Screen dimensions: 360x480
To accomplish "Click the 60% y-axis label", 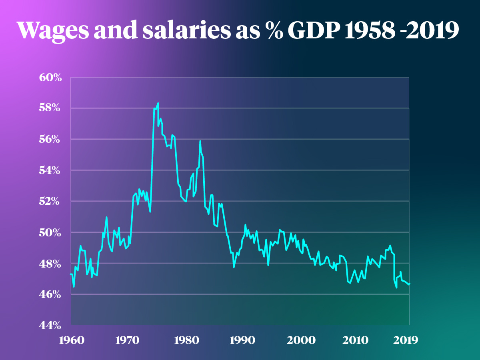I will pyautogui.click(x=50, y=77).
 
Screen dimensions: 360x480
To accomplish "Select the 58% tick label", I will pyautogui.click(x=50, y=108).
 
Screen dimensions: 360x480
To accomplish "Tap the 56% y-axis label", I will pyautogui.click(x=50, y=139).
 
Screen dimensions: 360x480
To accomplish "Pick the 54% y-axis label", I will pyautogui.click(x=50, y=170).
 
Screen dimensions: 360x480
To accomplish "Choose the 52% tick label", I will pyautogui.click(x=50, y=201).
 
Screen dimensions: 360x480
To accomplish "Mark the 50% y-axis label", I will pyautogui.click(x=50, y=232).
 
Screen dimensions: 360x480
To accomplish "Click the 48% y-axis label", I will pyautogui.click(x=50, y=264).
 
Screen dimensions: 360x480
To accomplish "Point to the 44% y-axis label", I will pyautogui.click(x=50, y=325).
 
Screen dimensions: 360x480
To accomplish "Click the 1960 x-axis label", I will pyautogui.click(x=71, y=340).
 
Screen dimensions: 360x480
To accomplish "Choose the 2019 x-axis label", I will pyautogui.click(x=406, y=340).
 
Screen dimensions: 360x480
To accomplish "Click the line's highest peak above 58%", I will pyautogui.click(x=158, y=103).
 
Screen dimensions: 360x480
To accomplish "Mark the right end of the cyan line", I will pyautogui.click(x=410, y=284).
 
